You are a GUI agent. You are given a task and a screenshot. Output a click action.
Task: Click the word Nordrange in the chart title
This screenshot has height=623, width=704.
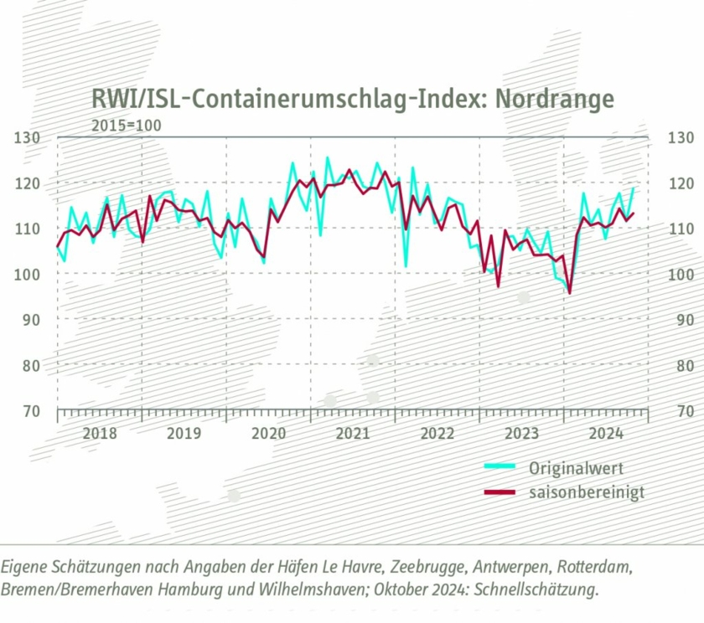[x=555, y=99]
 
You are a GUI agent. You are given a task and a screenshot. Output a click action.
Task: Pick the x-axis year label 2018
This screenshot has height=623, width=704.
[x=100, y=434]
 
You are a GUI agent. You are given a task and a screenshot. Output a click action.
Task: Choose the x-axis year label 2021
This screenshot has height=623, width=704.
[x=353, y=434]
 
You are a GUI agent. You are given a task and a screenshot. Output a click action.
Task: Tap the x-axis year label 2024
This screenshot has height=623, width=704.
[x=606, y=434]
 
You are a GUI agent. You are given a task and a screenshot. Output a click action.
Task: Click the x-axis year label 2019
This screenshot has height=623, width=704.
[x=184, y=434]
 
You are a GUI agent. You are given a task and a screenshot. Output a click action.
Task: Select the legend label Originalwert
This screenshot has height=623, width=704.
[x=576, y=467]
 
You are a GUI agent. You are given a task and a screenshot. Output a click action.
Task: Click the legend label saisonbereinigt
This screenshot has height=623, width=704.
[x=587, y=492]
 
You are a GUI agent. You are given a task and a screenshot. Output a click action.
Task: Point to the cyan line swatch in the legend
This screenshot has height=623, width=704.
[x=500, y=467]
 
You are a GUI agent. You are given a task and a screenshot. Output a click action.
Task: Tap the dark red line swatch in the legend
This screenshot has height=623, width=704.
[x=500, y=492]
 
